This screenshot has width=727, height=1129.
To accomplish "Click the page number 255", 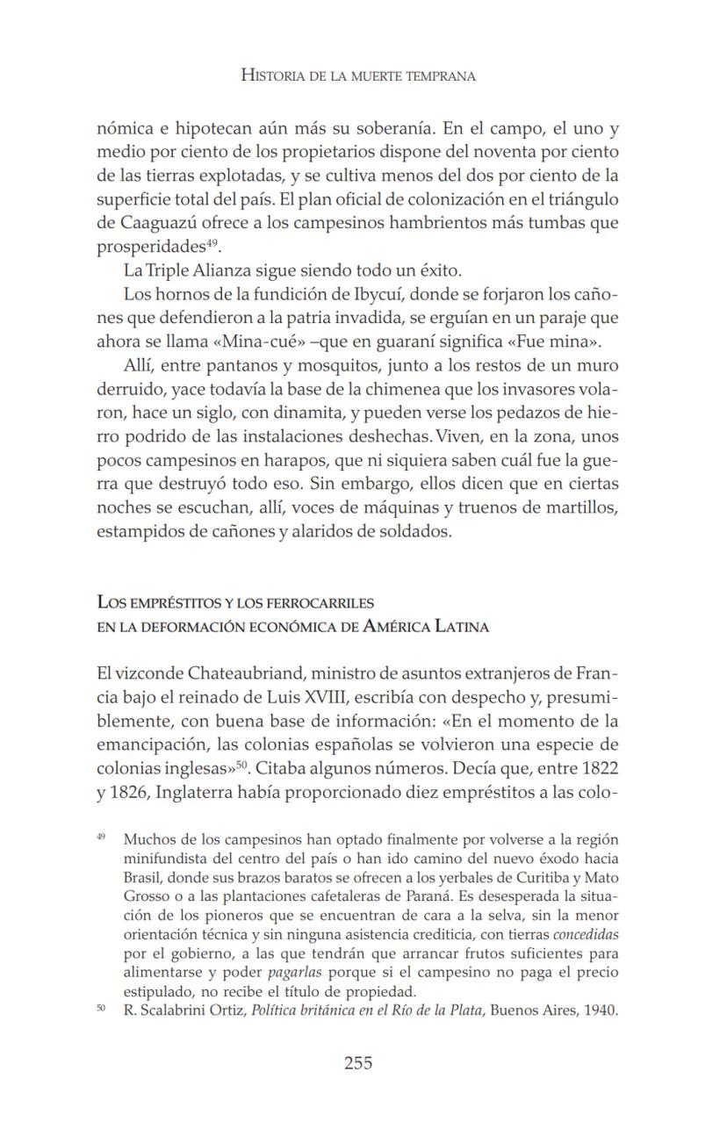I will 357,1063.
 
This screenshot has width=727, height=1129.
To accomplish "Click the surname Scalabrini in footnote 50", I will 171,1010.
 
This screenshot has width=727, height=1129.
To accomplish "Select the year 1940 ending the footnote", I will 601,1010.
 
